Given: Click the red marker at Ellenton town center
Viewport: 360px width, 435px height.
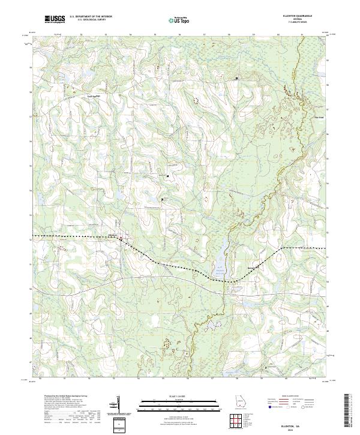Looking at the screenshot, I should point(121,239).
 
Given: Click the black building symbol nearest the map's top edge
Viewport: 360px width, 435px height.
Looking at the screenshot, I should point(236,79).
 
